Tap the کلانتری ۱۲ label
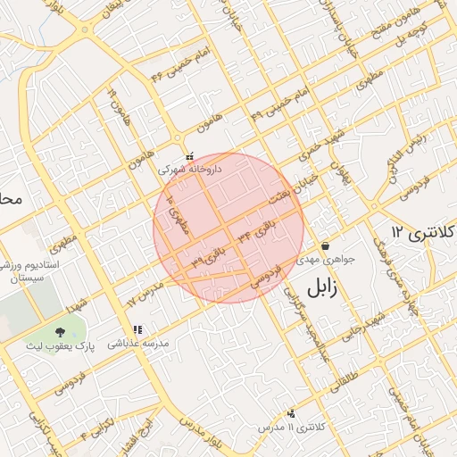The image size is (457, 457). (x=422, y=234)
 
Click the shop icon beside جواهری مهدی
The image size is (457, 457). (x=325, y=245)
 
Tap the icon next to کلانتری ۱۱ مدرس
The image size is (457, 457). (x=291, y=412)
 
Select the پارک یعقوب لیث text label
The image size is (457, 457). (x=60, y=345)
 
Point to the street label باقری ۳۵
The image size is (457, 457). (x=207, y=258)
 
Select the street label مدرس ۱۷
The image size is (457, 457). (x=142, y=292)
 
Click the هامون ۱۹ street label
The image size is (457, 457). (x=116, y=104)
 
